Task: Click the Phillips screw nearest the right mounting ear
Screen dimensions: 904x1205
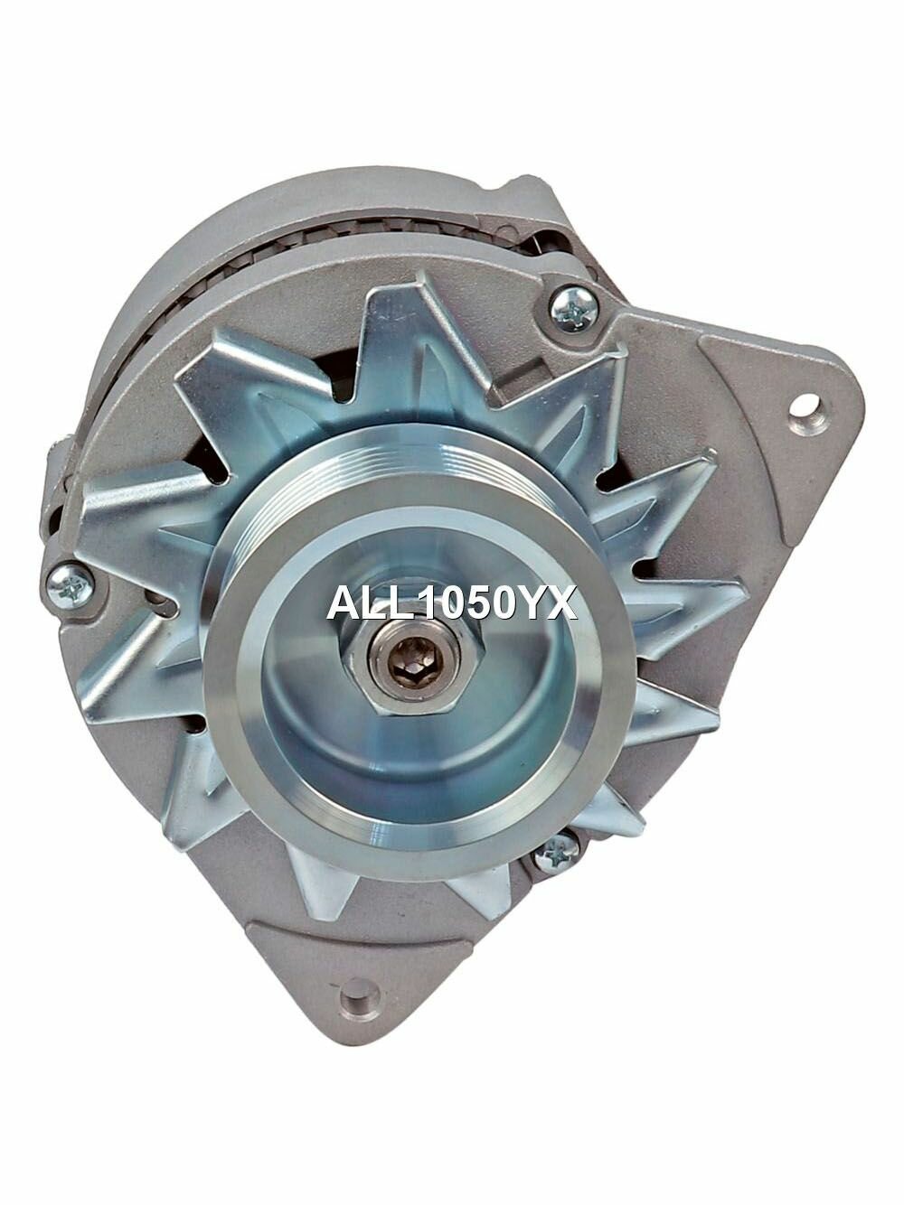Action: tap(573, 309)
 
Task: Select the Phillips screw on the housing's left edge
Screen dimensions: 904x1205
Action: tap(70, 585)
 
